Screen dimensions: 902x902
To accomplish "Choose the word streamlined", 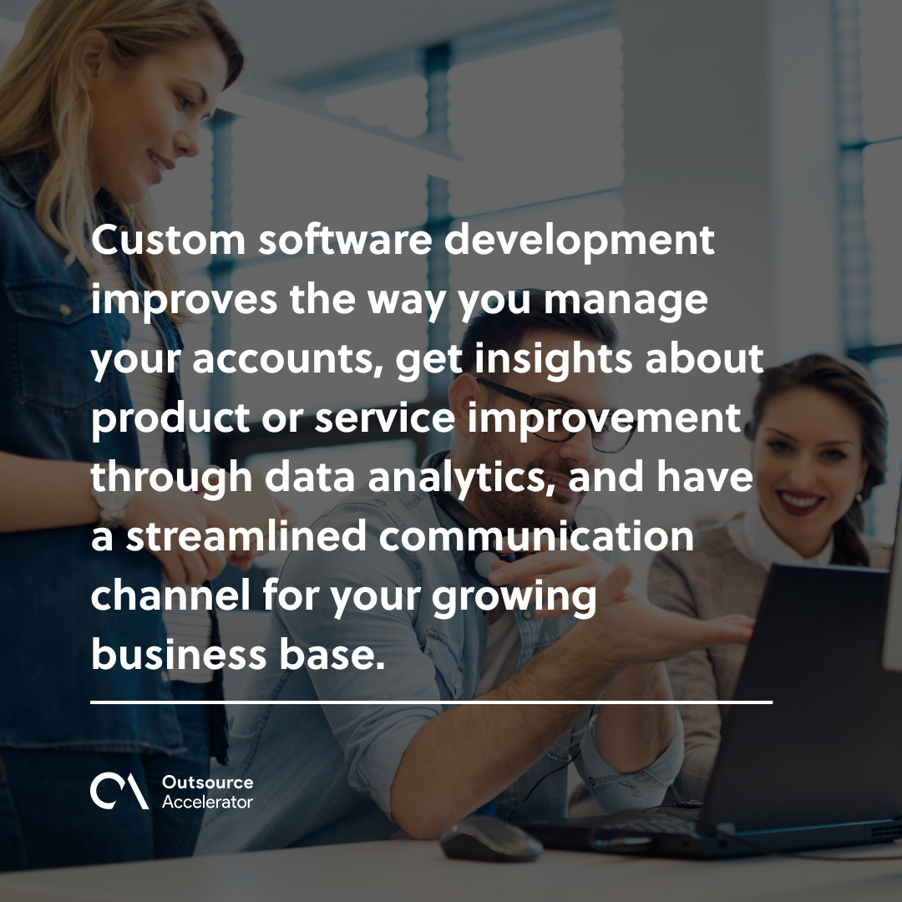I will tap(246, 536).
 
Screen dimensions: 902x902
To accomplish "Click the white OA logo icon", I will tap(119, 792).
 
